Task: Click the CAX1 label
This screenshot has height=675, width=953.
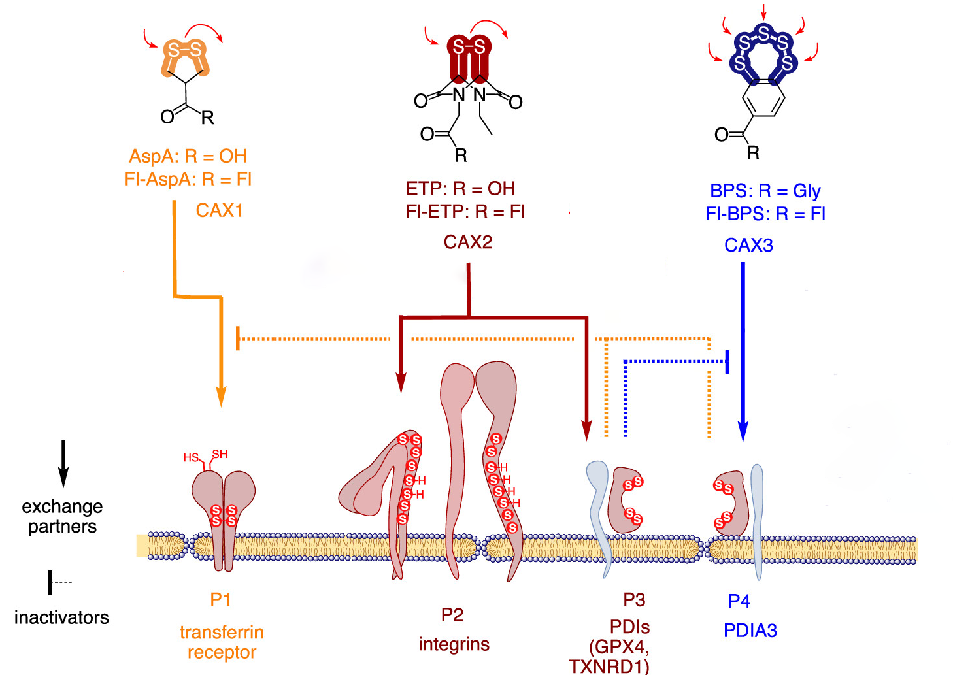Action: click(x=220, y=210)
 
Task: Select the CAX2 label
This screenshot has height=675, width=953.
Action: click(x=468, y=242)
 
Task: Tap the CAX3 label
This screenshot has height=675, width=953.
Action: click(x=748, y=245)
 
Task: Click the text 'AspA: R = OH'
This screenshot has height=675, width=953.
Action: click(x=188, y=156)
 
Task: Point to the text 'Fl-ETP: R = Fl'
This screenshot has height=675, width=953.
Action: click(x=465, y=212)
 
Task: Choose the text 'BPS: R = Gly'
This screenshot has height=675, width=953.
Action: click(x=765, y=191)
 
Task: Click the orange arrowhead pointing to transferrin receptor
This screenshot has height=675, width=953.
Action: click(x=221, y=397)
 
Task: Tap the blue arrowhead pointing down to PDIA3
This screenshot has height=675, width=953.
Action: click(x=743, y=431)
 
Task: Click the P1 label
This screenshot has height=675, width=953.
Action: click(x=220, y=599)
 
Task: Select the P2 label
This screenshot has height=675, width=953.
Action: click(x=452, y=615)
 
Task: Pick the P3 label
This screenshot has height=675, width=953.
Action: click(x=634, y=599)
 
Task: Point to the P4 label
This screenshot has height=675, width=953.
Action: click(x=739, y=601)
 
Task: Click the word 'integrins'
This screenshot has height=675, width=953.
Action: click(x=454, y=644)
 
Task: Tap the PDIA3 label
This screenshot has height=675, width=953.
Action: click(x=750, y=631)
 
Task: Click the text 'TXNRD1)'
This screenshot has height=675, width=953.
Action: click(x=609, y=667)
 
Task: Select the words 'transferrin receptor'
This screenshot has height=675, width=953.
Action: click(x=222, y=642)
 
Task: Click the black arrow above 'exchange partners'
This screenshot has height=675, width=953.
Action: click(x=63, y=463)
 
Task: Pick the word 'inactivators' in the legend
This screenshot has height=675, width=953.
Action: click(x=61, y=617)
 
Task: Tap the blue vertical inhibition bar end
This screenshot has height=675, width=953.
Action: click(x=727, y=361)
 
